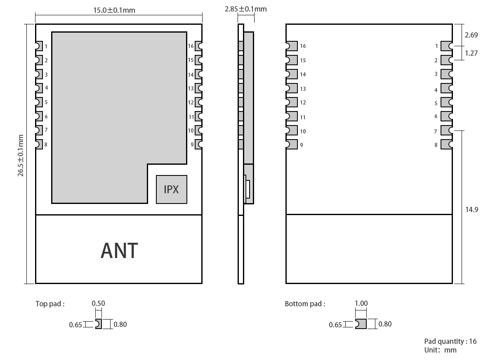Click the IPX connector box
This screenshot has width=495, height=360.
click(x=171, y=189)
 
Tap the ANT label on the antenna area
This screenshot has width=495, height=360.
click(x=119, y=251)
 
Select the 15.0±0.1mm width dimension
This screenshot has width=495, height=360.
click(x=114, y=10)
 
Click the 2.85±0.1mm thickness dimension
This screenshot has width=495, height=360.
click(x=245, y=9)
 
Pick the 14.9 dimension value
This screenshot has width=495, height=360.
click(x=472, y=209)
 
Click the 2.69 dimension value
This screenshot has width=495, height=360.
click(x=471, y=35)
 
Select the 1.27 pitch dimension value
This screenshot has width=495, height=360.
click(x=471, y=53)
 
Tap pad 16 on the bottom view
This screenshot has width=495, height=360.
click(x=292, y=46)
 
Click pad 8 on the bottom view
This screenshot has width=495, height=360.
click(x=446, y=144)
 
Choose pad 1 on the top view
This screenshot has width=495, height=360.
click(x=39, y=46)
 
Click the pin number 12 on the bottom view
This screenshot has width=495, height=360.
click(x=303, y=103)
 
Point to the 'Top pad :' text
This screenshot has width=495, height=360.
click(x=50, y=304)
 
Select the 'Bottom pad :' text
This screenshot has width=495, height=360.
click(x=305, y=304)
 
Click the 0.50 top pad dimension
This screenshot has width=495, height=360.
click(x=98, y=303)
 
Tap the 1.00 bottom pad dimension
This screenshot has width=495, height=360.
click(x=361, y=303)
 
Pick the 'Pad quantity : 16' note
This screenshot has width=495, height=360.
click(x=450, y=341)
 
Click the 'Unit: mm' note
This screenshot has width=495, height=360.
click(x=440, y=350)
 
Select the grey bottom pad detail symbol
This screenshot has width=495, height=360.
click(x=361, y=324)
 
